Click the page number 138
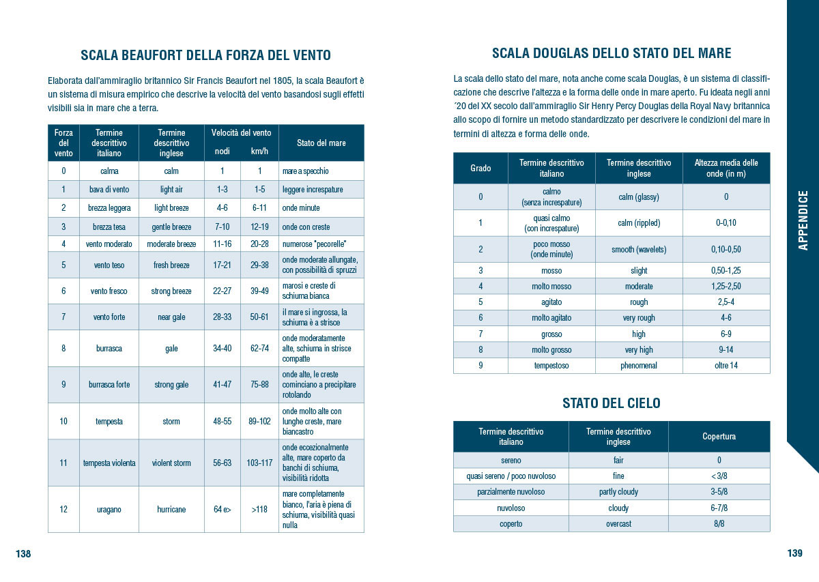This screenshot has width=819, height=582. [23, 554]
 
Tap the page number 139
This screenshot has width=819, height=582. [794, 553]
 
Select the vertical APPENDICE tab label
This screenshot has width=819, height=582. [803, 220]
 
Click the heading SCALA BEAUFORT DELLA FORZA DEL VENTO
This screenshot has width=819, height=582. [205, 55]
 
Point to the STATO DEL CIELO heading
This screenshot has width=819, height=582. [612, 403]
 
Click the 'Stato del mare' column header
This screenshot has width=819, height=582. [321, 143]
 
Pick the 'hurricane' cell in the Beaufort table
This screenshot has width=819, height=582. [171, 509]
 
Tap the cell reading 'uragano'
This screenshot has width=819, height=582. [109, 509]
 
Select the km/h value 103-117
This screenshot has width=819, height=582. [259, 463]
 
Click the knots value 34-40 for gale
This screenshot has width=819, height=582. [222, 348]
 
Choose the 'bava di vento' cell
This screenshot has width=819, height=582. [109, 189]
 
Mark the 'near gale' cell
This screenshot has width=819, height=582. [171, 317]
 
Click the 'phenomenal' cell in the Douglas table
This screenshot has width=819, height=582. [639, 366]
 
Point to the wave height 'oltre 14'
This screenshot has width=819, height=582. [726, 366]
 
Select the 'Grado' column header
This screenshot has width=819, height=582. [480, 168]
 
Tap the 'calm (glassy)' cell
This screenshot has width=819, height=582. [639, 197]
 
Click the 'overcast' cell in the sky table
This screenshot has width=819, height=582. [618, 524]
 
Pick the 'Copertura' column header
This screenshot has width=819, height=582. [719, 437]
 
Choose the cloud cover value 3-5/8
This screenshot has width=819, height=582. [719, 492]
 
